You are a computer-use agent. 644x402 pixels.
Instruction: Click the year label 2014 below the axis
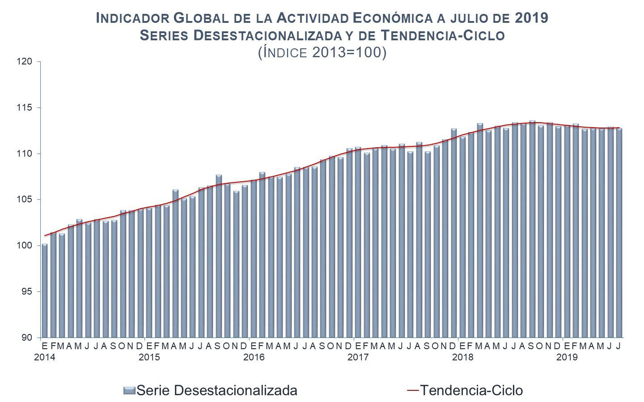click(x=45, y=357)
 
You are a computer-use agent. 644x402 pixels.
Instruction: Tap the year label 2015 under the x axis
click(x=149, y=357)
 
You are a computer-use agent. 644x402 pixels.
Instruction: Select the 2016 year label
click(x=254, y=357)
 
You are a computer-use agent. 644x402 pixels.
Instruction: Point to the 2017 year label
click(x=358, y=357)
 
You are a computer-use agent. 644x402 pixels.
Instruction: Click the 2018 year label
click(x=462, y=357)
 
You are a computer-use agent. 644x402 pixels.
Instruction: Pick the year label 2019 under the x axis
click(x=567, y=357)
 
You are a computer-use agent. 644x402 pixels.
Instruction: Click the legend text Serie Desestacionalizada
click(x=216, y=390)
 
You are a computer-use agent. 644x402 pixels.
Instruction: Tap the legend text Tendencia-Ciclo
click(x=471, y=390)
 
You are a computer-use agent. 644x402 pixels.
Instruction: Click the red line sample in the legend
click(x=413, y=390)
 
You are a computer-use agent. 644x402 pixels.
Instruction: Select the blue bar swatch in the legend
click(x=129, y=391)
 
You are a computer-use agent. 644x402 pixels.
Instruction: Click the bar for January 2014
click(x=45, y=291)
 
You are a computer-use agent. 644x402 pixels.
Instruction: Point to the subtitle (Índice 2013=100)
click(x=322, y=52)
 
